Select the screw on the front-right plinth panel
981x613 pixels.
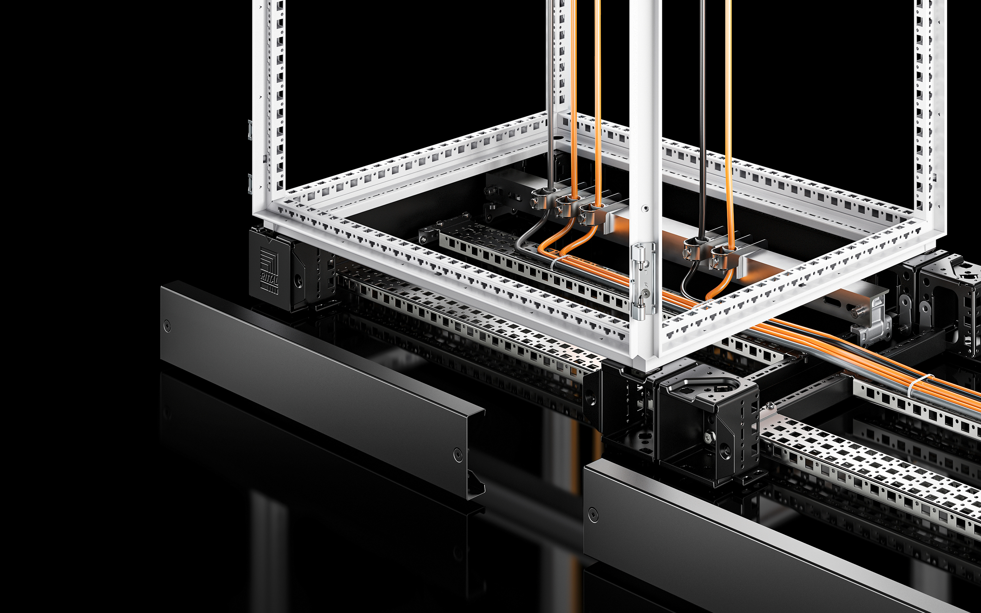click(x=593, y=515)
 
